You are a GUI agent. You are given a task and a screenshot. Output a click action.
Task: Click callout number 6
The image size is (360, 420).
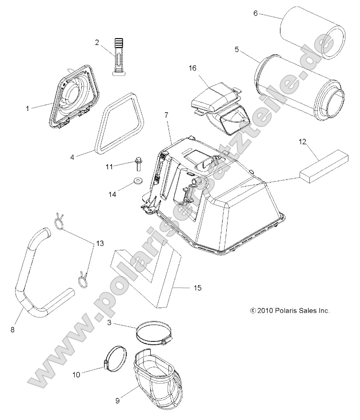click(256, 13)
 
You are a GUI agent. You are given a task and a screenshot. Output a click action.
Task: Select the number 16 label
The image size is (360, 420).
click(192, 68)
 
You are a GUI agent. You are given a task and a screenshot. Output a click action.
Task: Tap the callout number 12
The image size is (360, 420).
click(303, 142)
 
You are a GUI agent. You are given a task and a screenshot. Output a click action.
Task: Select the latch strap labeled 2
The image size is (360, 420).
click(118, 55)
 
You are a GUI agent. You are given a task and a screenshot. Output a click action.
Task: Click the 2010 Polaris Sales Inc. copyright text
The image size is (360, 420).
click(290, 311)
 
